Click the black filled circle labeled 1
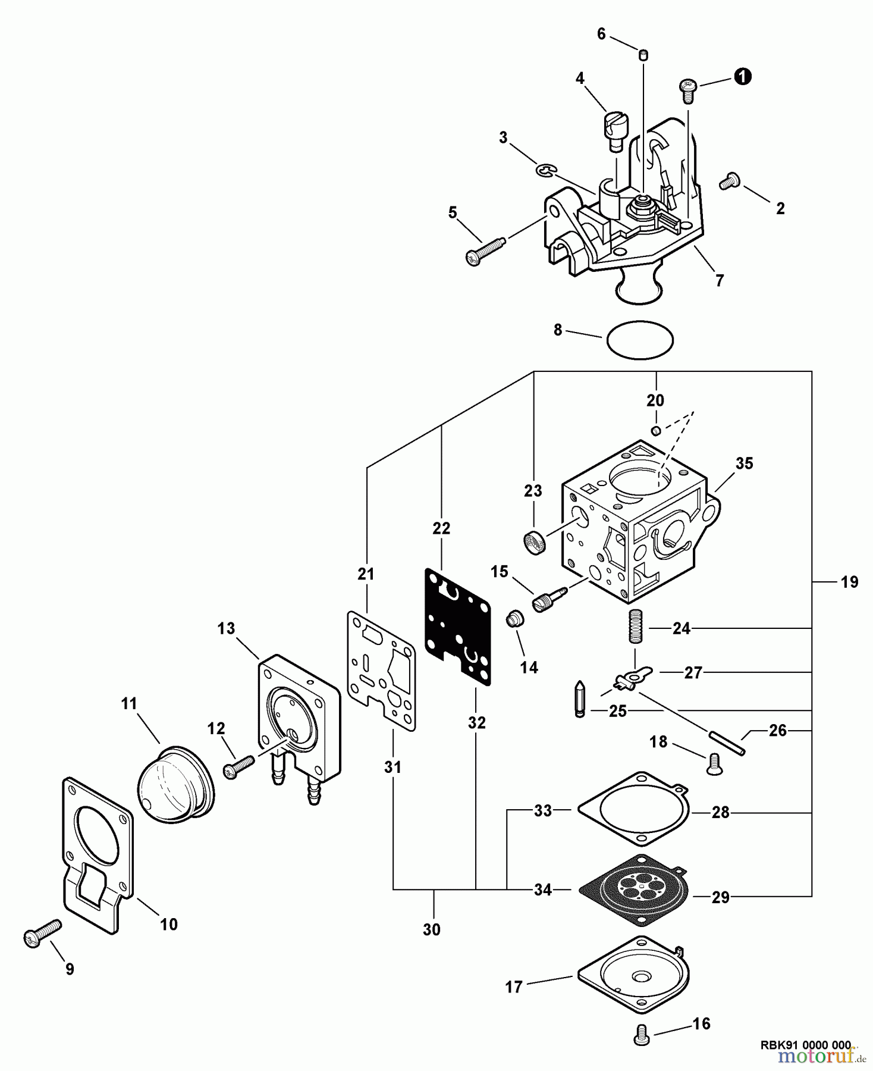click(742, 77)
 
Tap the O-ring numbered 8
click(640, 340)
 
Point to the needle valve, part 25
click(580, 700)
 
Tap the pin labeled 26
click(727, 744)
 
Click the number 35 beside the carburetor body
click(744, 464)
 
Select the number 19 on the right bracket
click(850, 582)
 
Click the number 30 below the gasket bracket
click(432, 929)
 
